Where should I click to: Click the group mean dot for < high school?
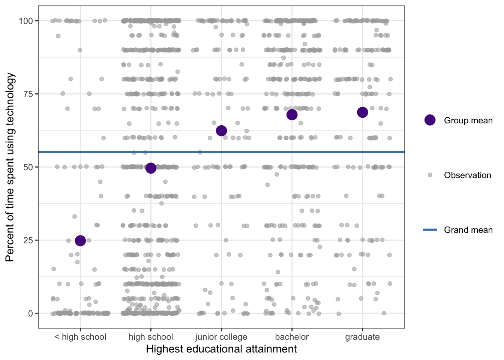tap(80, 241)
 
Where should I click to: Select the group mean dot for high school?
tap(151, 168)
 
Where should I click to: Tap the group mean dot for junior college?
tap(221, 130)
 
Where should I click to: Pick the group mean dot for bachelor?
tap(292, 115)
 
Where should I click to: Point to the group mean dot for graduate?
tap(362, 112)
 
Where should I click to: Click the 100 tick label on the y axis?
tap(26, 21)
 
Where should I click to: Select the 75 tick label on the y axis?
tap(28, 94)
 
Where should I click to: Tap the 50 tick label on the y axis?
tap(28, 167)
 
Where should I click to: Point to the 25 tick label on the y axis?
tap(28, 240)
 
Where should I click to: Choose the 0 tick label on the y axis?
tap(30, 313)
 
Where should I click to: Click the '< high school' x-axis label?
tap(80, 337)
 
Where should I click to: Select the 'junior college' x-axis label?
tap(221, 337)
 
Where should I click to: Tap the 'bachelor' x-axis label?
tap(292, 337)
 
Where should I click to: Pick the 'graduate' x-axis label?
tap(362, 337)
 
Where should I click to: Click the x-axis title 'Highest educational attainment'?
tap(221, 349)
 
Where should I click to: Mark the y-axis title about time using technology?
tap(10, 167)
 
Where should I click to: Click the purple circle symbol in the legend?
tap(430, 120)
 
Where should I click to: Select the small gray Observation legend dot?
tap(430, 175)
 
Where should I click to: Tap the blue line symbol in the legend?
tap(430, 229)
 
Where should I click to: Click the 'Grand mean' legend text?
tap(468, 230)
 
